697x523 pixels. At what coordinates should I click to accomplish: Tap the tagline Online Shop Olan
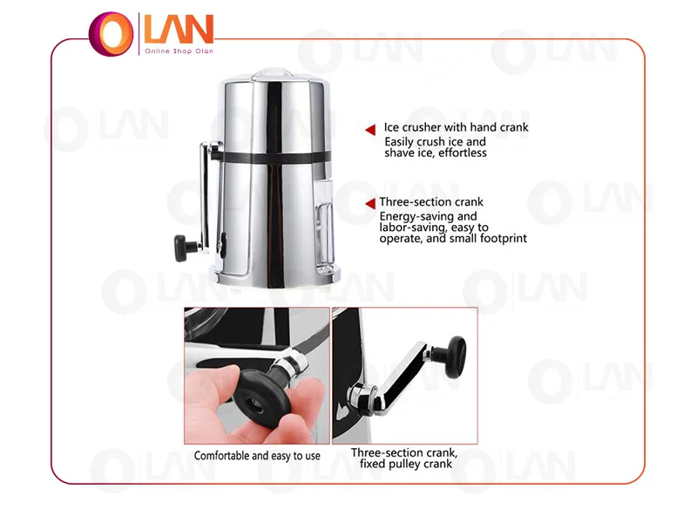(x=179, y=51)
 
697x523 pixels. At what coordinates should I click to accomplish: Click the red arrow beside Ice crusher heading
(x=370, y=129)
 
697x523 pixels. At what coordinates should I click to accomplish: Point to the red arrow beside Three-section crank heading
(x=370, y=204)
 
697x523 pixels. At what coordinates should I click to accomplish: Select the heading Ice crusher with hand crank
(x=456, y=127)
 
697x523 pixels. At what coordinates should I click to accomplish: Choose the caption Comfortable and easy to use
(x=257, y=456)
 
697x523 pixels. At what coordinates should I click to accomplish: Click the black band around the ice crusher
(x=275, y=158)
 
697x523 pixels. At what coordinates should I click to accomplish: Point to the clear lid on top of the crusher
(x=273, y=74)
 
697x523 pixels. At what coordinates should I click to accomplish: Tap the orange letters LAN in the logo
(x=179, y=30)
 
